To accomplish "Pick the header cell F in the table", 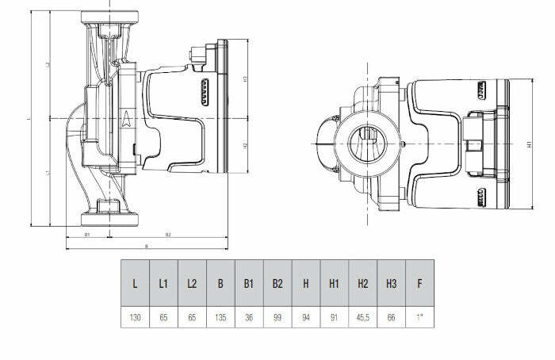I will click(x=419, y=283).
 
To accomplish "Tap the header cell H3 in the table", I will click(x=392, y=283).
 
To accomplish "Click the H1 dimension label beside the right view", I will click(x=529, y=145).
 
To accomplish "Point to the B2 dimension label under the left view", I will click(x=169, y=236).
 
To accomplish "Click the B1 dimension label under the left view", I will click(x=86, y=236).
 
